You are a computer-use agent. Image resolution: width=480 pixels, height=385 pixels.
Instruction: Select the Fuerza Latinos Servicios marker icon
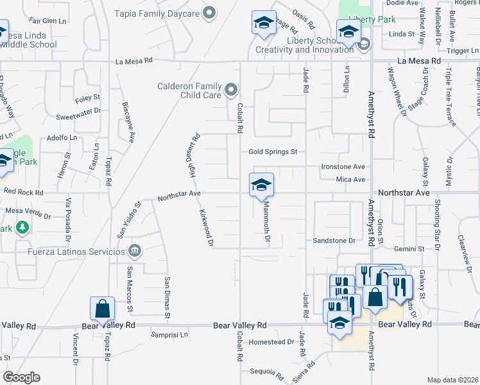[135, 250]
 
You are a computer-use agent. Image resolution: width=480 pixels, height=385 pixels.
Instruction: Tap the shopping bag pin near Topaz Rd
[102, 309]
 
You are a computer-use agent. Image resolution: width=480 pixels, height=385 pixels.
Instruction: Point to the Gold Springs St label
[273, 152]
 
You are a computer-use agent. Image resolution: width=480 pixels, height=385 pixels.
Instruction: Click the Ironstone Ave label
[343, 166]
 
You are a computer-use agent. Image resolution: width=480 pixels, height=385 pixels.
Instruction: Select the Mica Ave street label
[350, 180]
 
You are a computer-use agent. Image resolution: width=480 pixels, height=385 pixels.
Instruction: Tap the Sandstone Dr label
[334, 241]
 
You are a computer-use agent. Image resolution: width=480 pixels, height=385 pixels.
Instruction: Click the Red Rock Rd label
[23, 192]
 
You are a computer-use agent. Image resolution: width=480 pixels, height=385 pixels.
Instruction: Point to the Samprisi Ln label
[170, 334]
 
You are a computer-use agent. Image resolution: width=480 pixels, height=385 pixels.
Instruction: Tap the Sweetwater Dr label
[79, 110]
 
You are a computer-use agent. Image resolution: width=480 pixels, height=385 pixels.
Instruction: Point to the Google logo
[21, 377]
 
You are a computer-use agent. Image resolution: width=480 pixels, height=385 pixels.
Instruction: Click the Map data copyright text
[453, 380]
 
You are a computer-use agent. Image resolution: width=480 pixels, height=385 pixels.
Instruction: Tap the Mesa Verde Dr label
[30, 210]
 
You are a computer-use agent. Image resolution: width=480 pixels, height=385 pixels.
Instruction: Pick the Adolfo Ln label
[62, 137]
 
